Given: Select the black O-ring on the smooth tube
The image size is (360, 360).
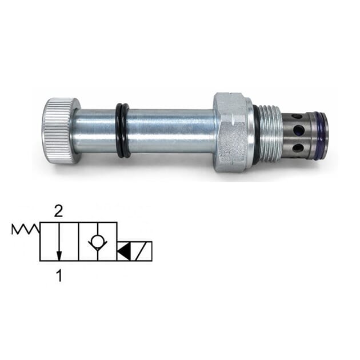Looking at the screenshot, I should coord(122,130).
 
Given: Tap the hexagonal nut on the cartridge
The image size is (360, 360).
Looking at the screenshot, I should coord(230,132).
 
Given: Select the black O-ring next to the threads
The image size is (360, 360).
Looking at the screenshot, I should coord(257,132).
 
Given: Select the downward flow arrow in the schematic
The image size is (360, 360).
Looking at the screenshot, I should coord(58,242).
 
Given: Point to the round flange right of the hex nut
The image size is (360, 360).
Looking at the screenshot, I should coord(250,132).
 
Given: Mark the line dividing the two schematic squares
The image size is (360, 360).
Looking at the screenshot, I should coord(78,241).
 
